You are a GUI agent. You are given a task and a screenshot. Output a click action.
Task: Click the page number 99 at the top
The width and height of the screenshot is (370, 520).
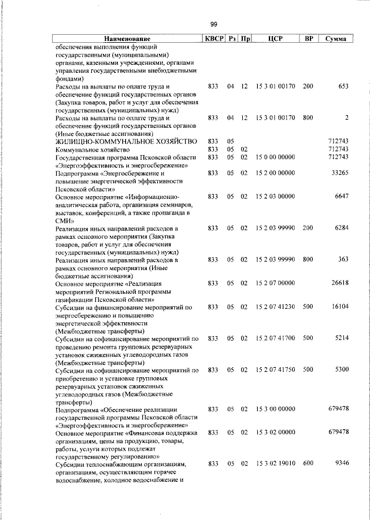click(213, 24)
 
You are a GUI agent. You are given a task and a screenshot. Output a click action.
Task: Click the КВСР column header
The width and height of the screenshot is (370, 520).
click(213, 39)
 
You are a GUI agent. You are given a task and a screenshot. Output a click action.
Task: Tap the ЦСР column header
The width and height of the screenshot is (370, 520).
click(275, 39)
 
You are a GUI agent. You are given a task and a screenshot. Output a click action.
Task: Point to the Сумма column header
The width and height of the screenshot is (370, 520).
click(336, 39)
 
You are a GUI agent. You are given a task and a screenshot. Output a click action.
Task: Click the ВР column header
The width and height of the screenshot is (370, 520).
click(309, 39)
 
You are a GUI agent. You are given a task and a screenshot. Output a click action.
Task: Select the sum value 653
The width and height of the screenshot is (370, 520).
click(343, 86)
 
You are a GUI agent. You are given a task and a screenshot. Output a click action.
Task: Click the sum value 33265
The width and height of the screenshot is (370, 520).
click(339, 173)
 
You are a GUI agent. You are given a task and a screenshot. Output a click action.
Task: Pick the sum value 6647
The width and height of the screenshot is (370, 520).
click(341, 197)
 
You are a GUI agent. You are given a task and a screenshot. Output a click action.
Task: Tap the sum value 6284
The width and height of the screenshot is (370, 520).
click(341, 229)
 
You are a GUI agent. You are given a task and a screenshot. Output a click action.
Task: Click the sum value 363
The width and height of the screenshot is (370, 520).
click(343, 260)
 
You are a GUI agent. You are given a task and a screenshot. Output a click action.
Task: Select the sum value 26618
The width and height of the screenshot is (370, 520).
click(339, 283)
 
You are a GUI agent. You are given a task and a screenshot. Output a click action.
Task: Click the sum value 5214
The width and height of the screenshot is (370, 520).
click(341, 338)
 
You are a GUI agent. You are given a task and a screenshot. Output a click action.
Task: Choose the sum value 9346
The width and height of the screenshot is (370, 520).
click(341, 463)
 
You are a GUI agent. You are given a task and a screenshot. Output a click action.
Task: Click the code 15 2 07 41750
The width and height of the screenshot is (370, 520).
click(275, 369)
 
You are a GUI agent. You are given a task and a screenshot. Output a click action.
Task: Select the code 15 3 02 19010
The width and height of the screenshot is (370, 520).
click(275, 463)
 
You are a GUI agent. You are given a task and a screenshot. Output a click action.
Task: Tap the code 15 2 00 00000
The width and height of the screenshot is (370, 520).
click(275, 173)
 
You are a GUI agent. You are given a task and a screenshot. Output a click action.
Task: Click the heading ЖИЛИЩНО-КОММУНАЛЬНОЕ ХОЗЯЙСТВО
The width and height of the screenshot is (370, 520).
click(126, 141)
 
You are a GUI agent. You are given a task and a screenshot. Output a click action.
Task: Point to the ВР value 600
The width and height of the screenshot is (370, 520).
click(308, 463)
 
